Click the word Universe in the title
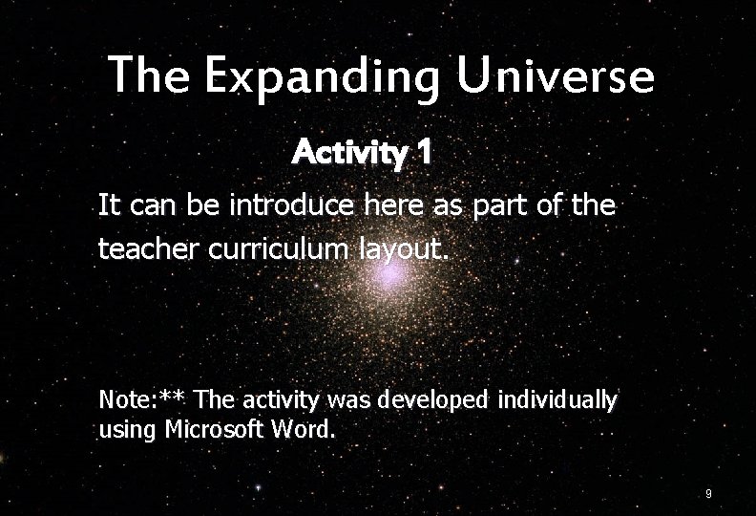pyautogui.click(x=556, y=75)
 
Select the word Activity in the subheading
pyautogui.click(x=350, y=152)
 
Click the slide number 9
pyautogui.click(x=707, y=494)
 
